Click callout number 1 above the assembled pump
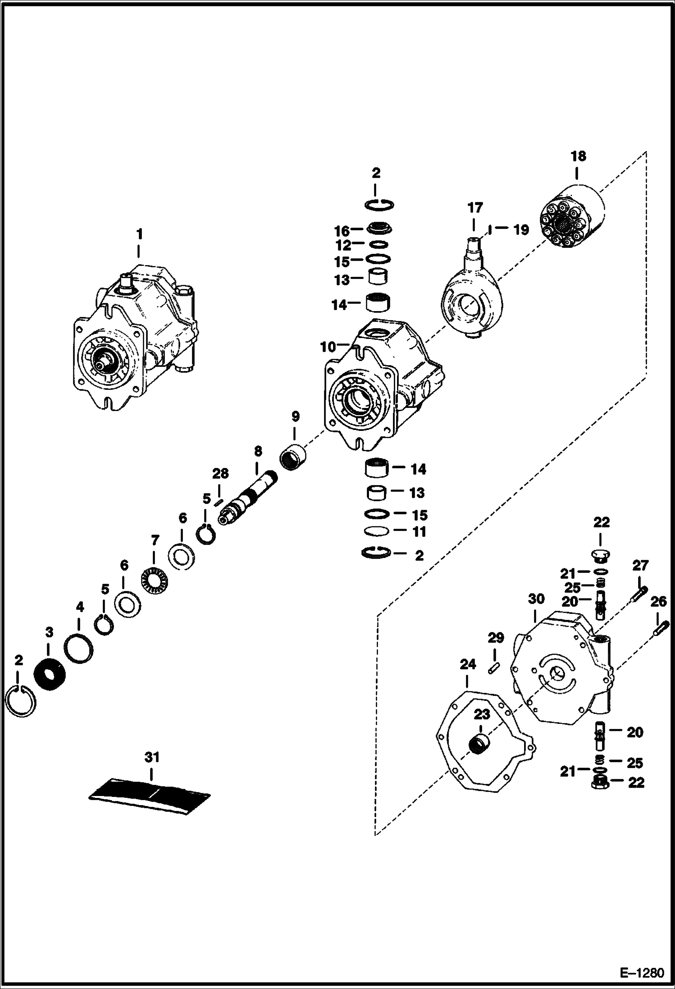pos(139,234)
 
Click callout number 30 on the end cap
pos(536,599)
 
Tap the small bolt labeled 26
pos(661,628)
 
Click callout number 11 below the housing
pos(420,531)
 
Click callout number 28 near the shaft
pos(220,473)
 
